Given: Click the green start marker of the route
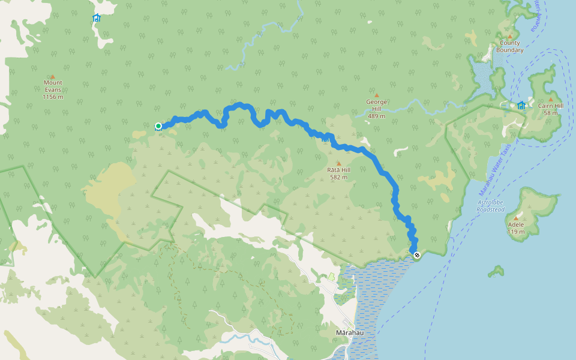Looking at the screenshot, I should [158, 126].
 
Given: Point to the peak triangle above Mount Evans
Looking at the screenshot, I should [53, 77].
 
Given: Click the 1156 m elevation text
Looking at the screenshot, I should [53, 97].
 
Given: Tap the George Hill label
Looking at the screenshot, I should [377, 106].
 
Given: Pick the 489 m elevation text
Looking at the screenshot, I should [377, 116].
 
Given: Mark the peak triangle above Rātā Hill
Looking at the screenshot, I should [338, 163].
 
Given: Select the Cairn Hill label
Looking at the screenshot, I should [550, 106].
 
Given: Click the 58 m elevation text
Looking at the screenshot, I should [550, 113].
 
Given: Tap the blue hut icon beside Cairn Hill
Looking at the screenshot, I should [521, 106].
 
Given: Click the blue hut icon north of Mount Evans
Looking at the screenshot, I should [97, 18].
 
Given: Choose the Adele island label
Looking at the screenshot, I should [516, 225].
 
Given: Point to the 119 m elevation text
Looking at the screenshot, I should [516, 232].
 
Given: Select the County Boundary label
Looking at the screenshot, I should [510, 47].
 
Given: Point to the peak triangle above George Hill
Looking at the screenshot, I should [377, 95].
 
